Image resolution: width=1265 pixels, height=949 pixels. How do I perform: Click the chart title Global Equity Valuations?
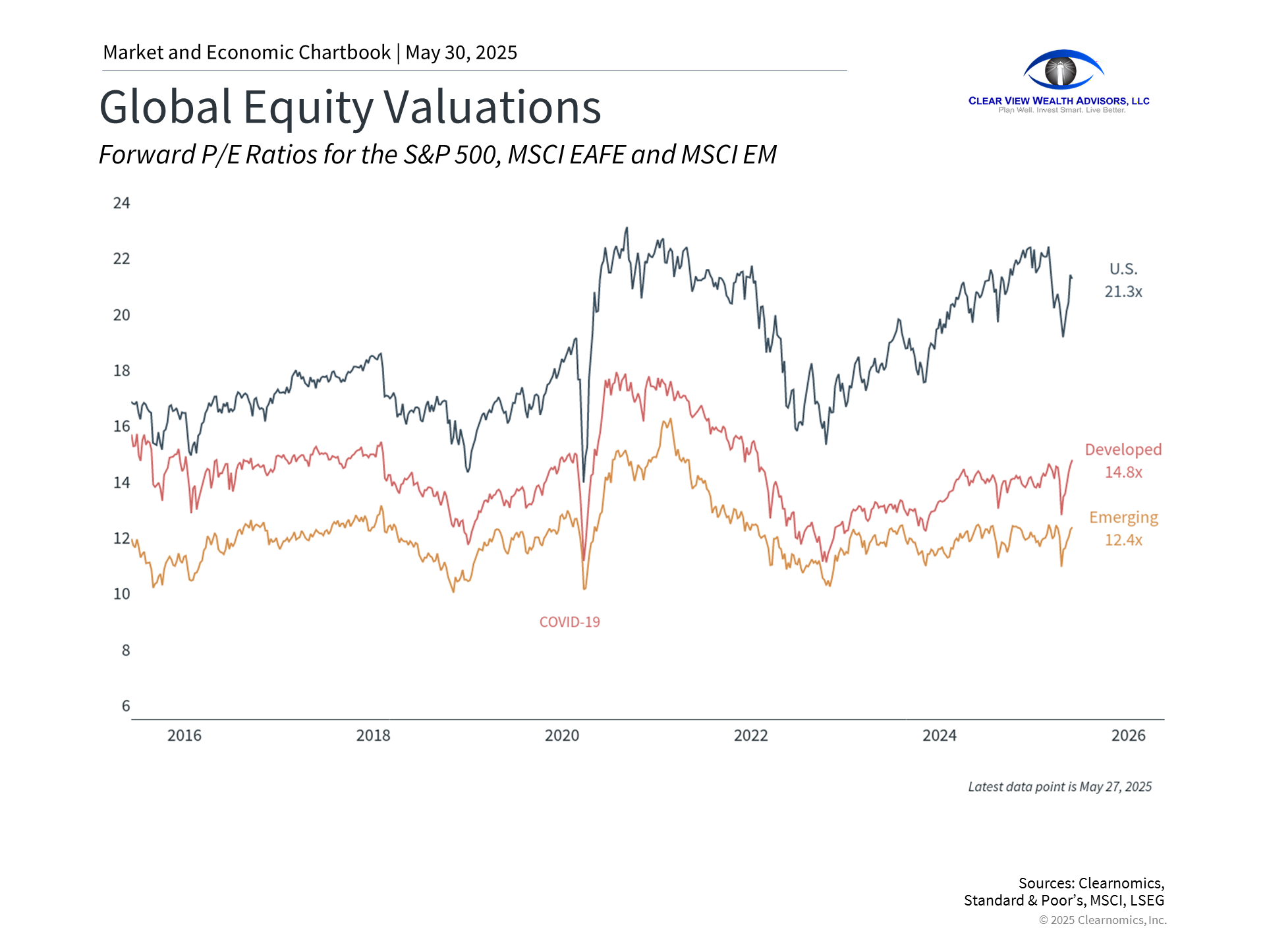(x=350, y=107)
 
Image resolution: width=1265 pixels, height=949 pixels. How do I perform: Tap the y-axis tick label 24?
(x=121, y=203)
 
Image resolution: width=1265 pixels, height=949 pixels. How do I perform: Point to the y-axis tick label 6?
(x=125, y=706)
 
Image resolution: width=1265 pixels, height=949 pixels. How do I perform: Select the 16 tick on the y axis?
(x=121, y=426)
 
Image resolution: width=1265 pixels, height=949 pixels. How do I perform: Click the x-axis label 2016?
(x=184, y=735)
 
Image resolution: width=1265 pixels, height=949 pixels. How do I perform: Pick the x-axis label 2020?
(x=562, y=735)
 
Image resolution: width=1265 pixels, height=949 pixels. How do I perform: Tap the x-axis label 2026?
(x=1128, y=735)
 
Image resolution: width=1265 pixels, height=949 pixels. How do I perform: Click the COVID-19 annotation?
(x=569, y=622)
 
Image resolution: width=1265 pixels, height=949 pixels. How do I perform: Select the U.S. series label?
(x=1123, y=269)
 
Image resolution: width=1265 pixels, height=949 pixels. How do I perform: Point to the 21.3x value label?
(x=1123, y=291)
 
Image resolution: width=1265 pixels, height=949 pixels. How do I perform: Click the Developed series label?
(x=1123, y=449)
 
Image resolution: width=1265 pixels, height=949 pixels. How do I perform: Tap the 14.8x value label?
(x=1123, y=472)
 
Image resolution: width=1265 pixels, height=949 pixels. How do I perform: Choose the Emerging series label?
(x=1123, y=517)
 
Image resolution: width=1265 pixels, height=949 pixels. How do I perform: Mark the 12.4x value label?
(x=1123, y=540)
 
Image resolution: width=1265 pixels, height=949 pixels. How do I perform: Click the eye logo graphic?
(x=1063, y=70)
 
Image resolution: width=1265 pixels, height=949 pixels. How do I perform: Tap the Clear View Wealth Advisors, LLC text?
(x=1059, y=101)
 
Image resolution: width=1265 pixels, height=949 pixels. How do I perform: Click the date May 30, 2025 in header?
(x=461, y=53)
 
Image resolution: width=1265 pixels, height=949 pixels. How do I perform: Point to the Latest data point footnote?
(x=1059, y=787)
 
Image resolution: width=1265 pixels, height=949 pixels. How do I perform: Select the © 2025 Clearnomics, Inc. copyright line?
(x=1102, y=920)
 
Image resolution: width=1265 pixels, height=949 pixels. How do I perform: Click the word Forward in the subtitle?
(x=147, y=155)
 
